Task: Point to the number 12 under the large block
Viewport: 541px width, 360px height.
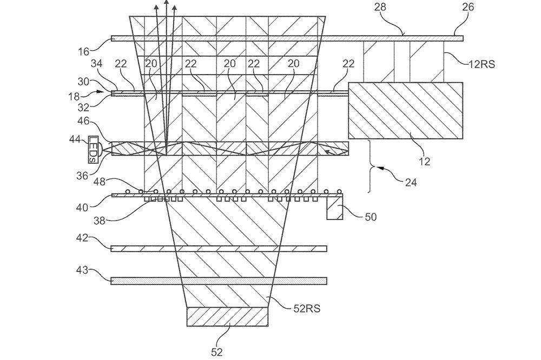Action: click(424, 161)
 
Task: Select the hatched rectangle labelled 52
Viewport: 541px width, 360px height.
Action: click(227, 317)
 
